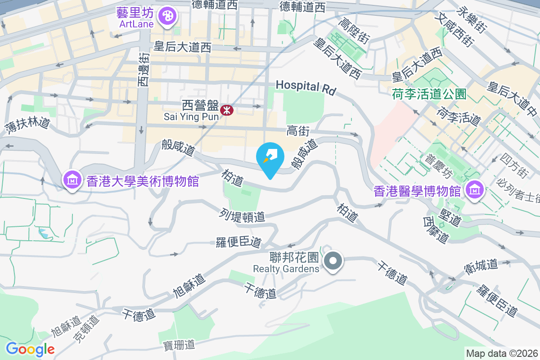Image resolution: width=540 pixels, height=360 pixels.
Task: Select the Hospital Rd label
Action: (306, 87)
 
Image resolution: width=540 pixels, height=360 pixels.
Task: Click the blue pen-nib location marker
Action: (270, 157)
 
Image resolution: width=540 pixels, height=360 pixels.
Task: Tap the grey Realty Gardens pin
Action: (333, 261)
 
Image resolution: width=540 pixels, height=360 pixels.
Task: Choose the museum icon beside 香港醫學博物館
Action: (475, 190)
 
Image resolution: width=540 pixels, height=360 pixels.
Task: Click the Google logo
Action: (30, 349)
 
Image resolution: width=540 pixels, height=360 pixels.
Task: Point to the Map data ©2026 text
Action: (501, 353)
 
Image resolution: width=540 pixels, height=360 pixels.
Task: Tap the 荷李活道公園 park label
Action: (428, 94)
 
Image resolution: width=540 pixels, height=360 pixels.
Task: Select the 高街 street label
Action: (298, 131)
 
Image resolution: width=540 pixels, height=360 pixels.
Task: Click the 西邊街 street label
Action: (143, 70)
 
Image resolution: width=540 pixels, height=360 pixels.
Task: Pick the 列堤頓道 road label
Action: (243, 215)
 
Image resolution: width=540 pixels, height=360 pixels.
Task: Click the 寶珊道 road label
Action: (179, 345)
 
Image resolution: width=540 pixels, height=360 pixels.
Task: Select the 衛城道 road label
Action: (481, 268)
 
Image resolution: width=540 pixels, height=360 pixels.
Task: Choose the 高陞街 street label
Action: (354, 31)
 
